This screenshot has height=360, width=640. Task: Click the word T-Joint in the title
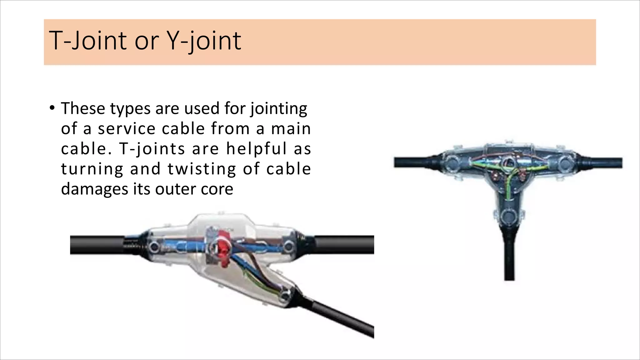tap(87, 41)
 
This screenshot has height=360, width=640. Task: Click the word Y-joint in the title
tap(205, 41)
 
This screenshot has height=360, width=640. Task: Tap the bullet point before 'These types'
tap(52, 108)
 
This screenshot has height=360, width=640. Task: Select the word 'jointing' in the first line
tap(279, 108)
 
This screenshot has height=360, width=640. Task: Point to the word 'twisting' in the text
tap(202, 169)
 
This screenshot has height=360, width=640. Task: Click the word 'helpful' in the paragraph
tap(256, 149)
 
